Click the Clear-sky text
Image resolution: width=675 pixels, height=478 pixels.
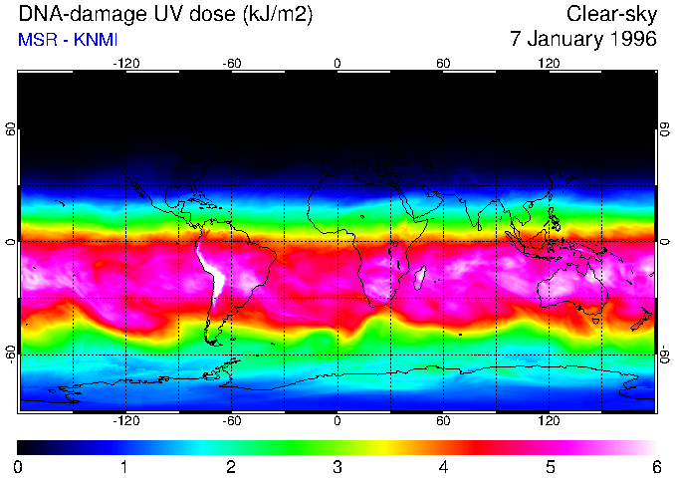point(611,14)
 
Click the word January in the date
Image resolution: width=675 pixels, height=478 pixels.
point(562,40)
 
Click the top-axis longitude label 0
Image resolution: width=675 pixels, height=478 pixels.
point(337,64)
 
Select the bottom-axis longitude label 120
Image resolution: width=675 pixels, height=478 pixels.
point(550,421)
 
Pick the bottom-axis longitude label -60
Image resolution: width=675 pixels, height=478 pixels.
point(231,421)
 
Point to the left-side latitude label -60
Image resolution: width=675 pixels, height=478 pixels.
point(11,354)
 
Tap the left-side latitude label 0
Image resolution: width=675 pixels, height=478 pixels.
point(11,242)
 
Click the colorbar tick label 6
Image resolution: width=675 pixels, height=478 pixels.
point(656,467)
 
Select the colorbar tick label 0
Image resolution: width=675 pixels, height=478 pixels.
point(19,467)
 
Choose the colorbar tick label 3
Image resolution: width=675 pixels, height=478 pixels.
point(337,467)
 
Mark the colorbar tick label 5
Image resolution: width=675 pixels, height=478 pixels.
point(550,467)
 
